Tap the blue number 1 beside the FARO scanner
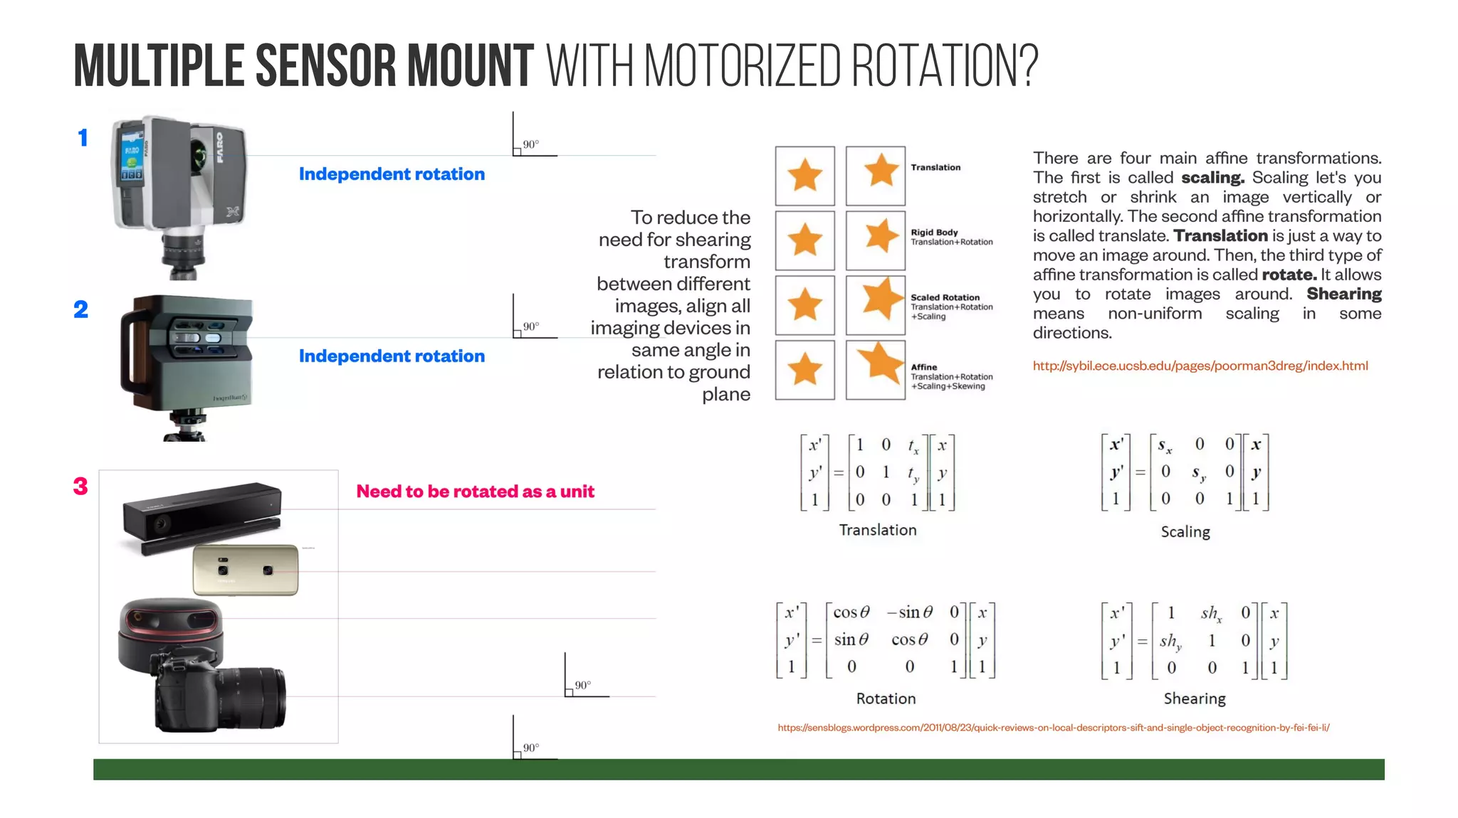pyautogui.click(x=83, y=137)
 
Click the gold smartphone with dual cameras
pyautogui.click(x=246, y=570)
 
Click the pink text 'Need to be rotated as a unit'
pyautogui.click(x=475, y=492)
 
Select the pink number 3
pyautogui.click(x=80, y=487)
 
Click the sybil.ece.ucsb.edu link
pyautogui.click(x=1200, y=366)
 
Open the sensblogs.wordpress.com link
pyautogui.click(x=1053, y=728)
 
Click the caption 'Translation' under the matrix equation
pyautogui.click(x=877, y=530)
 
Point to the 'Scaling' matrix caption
pyautogui.click(x=1185, y=531)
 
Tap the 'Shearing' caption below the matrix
pyautogui.click(x=1195, y=699)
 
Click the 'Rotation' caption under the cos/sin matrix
pyautogui.click(x=886, y=699)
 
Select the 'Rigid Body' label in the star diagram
pyautogui.click(x=934, y=233)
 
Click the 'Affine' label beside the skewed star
pyautogui.click(x=924, y=367)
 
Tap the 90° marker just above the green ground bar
pyautogui.click(x=530, y=748)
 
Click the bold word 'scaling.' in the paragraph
pyautogui.click(x=1212, y=178)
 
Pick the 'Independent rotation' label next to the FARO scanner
pyautogui.click(x=392, y=174)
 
